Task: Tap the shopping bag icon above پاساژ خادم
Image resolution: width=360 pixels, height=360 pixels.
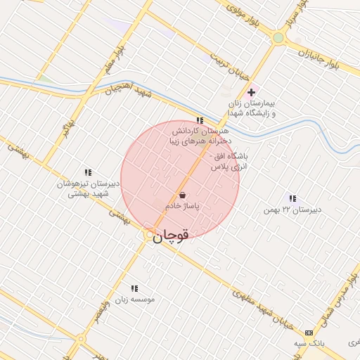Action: coord(183,195)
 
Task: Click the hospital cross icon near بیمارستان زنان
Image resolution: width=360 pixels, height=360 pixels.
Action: coord(251,92)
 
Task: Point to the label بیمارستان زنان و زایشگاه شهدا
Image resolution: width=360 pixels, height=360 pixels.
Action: coord(251,108)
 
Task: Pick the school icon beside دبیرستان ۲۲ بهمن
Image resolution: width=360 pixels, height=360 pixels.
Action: coord(292,198)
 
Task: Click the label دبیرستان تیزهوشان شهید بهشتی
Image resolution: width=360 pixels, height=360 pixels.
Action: coord(89,188)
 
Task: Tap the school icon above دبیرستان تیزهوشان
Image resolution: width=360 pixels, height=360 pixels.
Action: coord(89,172)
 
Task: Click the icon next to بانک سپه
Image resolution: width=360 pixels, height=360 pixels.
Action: coord(309,333)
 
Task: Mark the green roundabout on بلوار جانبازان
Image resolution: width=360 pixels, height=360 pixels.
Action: coord(278,38)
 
